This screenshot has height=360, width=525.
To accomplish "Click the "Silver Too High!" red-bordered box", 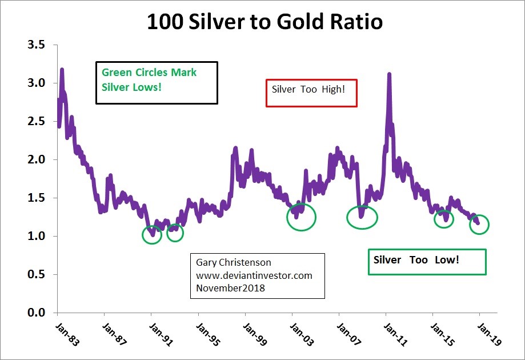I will [x=311, y=93].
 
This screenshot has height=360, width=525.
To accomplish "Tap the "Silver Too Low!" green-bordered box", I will [x=427, y=261].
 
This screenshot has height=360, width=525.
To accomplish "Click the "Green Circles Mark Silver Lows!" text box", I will [x=156, y=82].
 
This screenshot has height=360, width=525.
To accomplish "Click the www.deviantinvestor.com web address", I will [x=254, y=275].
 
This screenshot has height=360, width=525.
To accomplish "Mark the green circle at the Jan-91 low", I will [x=152, y=234].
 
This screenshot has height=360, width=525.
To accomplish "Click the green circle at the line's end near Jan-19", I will [x=479, y=225].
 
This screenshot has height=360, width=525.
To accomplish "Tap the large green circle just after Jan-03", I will [x=301, y=217].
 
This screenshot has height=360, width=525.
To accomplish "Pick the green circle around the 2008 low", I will [x=362, y=217].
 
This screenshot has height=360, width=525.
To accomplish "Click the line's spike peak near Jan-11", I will [x=389, y=74].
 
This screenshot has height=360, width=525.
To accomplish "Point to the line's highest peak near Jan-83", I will [x=62, y=70].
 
